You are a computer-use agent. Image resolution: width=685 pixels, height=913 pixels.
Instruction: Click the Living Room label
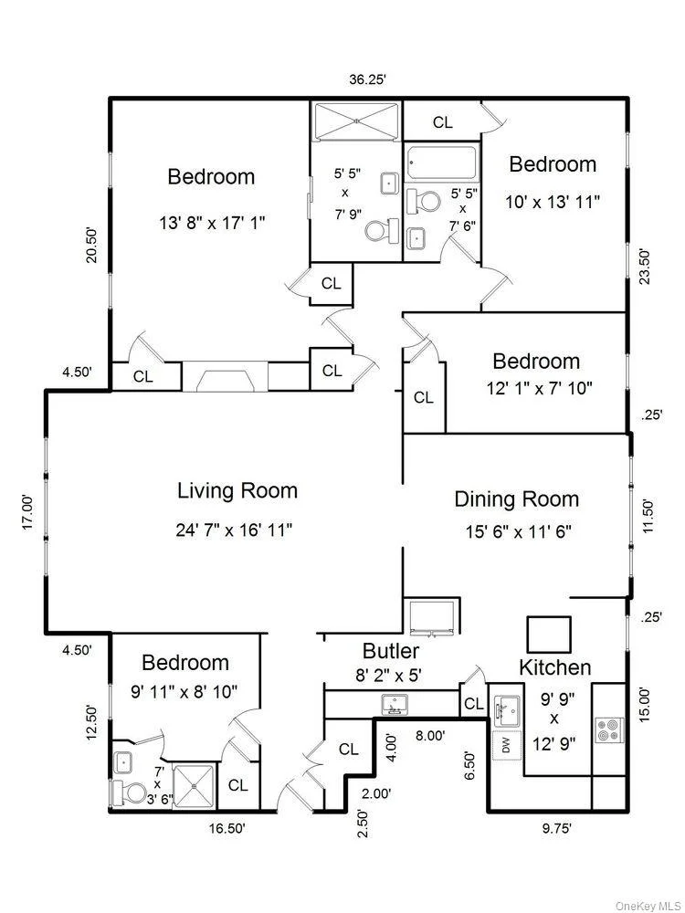click(x=237, y=491)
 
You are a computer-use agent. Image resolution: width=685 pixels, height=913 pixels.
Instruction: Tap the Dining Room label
click(x=517, y=499)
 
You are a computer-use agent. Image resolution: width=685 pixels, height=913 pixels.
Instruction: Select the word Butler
click(x=391, y=650)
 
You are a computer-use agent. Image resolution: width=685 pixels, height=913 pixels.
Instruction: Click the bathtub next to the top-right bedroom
click(x=442, y=163)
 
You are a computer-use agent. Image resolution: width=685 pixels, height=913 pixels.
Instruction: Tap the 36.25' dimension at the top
click(x=367, y=80)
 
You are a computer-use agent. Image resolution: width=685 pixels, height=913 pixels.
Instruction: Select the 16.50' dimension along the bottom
click(x=227, y=828)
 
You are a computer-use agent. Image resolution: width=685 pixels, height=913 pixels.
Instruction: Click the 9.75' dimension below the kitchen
click(x=553, y=828)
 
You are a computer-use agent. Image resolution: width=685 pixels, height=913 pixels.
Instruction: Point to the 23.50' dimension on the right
click(x=644, y=267)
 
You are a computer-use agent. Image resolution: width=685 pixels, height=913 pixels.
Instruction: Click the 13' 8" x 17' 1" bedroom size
click(x=212, y=223)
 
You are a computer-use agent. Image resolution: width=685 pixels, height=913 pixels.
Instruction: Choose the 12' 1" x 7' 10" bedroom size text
click(x=540, y=388)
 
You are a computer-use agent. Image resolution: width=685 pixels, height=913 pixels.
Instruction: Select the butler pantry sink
click(x=395, y=705)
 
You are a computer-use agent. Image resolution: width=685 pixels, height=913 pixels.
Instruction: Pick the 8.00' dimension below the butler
click(x=430, y=736)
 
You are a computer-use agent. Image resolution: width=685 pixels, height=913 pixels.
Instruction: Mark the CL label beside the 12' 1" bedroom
click(x=424, y=397)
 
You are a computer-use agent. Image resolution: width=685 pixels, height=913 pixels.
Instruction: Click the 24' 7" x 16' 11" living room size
click(x=234, y=530)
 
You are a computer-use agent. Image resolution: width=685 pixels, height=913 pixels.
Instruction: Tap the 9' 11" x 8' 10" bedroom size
click(x=184, y=692)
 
